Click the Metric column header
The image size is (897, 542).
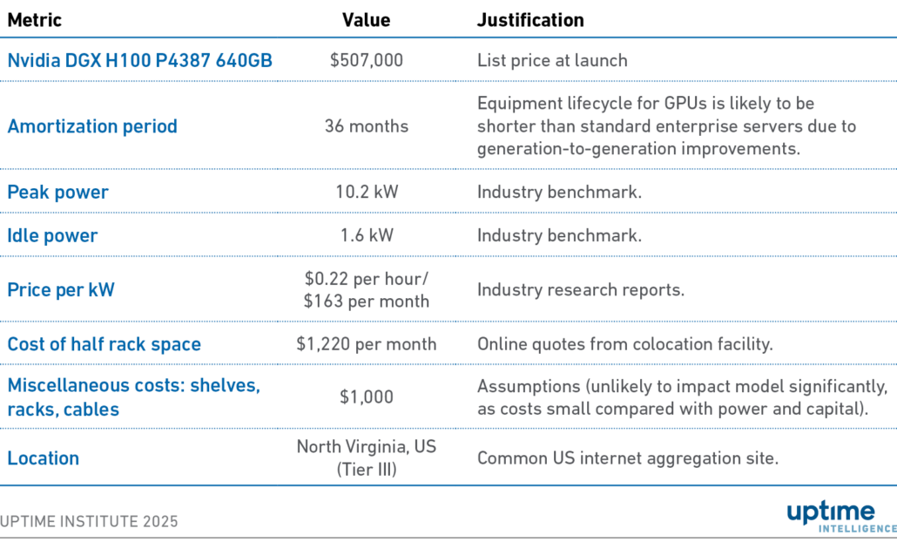click(35, 20)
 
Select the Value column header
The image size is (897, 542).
click(366, 20)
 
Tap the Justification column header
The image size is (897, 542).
click(530, 20)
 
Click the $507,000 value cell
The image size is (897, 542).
click(366, 60)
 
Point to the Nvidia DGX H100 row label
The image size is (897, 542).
click(139, 60)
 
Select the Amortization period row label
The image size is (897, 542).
click(92, 126)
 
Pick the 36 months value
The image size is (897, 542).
click(366, 126)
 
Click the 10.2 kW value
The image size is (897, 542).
click(366, 192)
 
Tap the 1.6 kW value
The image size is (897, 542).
click(366, 235)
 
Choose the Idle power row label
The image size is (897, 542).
click(52, 235)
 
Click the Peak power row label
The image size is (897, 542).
click(57, 192)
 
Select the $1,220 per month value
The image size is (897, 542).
click(366, 344)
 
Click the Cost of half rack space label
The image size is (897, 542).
click(104, 344)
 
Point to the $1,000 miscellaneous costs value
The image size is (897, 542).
click(366, 396)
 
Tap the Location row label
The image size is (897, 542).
click(43, 458)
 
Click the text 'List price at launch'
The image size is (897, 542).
click(552, 60)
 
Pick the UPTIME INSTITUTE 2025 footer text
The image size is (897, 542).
click(90, 521)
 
